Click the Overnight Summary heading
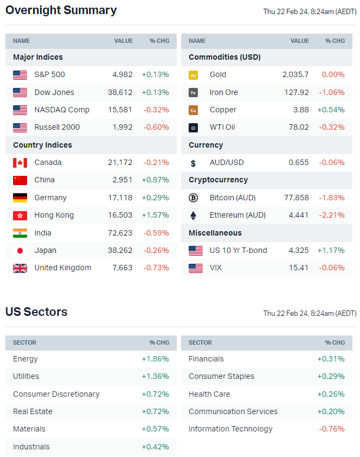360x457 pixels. coord(61,10)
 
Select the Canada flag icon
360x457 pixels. coord(20,163)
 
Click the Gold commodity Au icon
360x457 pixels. coord(193,75)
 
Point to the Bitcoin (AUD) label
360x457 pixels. coord(233,198)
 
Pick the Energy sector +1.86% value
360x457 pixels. coord(155,359)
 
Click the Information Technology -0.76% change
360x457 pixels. coord(332,429)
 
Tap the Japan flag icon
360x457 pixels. coord(20,251)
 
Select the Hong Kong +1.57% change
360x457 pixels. coord(155,215)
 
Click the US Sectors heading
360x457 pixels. coord(36,312)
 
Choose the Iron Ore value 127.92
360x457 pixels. coord(297,92)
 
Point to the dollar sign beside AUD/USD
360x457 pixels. coord(193,163)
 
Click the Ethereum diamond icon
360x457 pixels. coord(193,215)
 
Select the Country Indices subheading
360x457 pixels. coord(42,145)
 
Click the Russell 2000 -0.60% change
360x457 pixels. coord(156,127)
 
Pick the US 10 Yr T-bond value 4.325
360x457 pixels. coord(298,250)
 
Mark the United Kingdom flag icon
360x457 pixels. coord(20,268)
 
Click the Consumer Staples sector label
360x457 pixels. coord(221,376)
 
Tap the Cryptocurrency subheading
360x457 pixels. coord(218,180)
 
